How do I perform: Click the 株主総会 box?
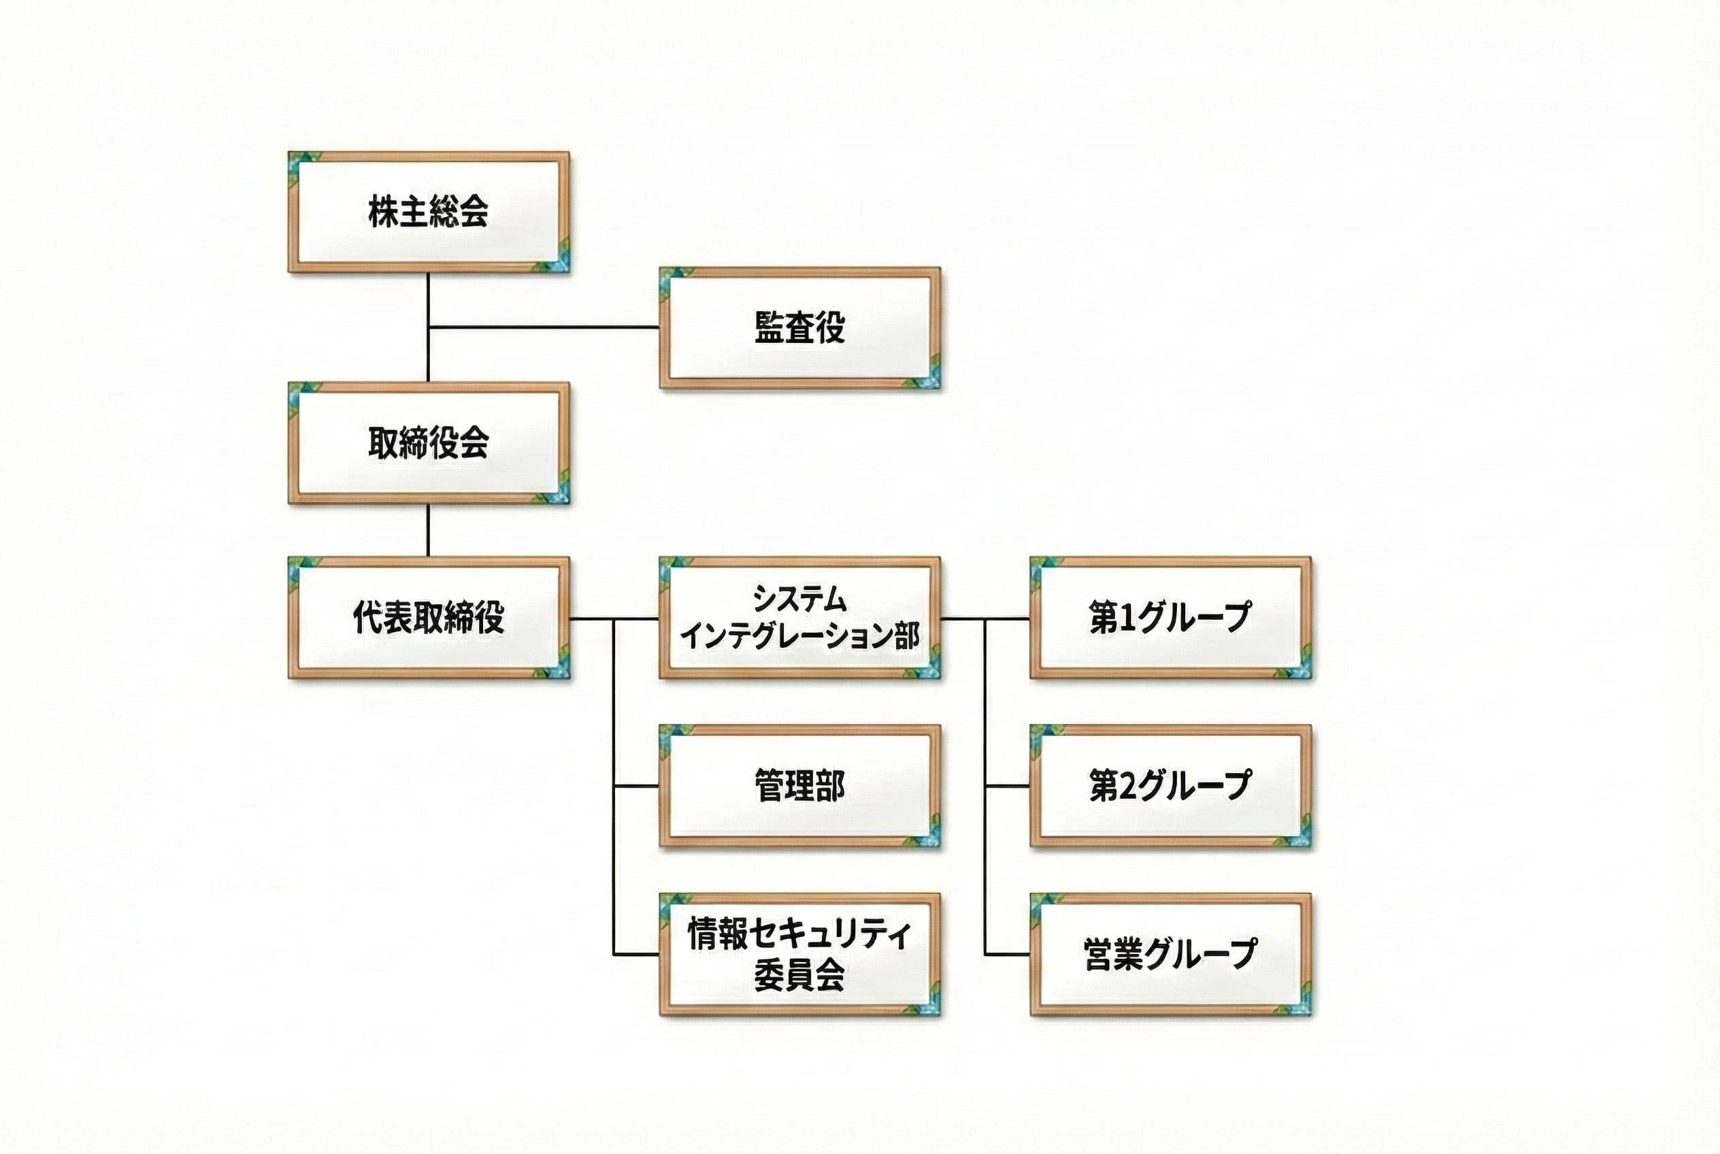(429, 212)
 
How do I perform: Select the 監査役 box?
(800, 327)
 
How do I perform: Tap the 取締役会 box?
(429, 443)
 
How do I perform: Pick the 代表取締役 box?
(429, 617)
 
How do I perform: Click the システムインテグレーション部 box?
(800, 617)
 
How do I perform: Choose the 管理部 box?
(800, 786)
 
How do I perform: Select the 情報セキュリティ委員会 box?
(800, 955)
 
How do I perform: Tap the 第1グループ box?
(1170, 617)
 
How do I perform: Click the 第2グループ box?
(1170, 786)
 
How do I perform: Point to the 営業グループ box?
(1170, 955)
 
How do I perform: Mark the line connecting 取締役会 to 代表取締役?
(427, 531)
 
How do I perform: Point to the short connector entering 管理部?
(637, 786)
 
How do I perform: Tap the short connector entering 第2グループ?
(1008, 786)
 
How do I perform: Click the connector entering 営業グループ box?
(1008, 955)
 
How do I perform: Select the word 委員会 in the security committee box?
(799, 975)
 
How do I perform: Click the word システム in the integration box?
(799, 599)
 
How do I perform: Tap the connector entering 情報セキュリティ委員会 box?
(637, 955)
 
